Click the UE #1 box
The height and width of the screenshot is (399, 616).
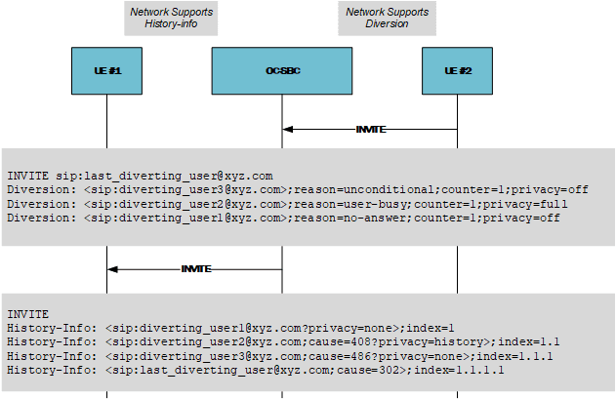107,71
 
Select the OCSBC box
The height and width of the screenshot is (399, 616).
282,71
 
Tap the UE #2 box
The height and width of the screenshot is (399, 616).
458,71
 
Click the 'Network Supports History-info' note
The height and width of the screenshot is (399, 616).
171,18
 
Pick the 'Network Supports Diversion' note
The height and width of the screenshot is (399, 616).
387,18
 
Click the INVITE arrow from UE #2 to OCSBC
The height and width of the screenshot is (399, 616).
370,129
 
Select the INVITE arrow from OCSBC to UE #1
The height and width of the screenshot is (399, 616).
195,268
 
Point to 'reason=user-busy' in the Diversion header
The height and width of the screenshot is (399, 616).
349,204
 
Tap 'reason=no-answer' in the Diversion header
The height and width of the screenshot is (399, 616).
349,219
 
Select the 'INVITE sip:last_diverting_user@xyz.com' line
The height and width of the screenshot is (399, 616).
133,175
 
